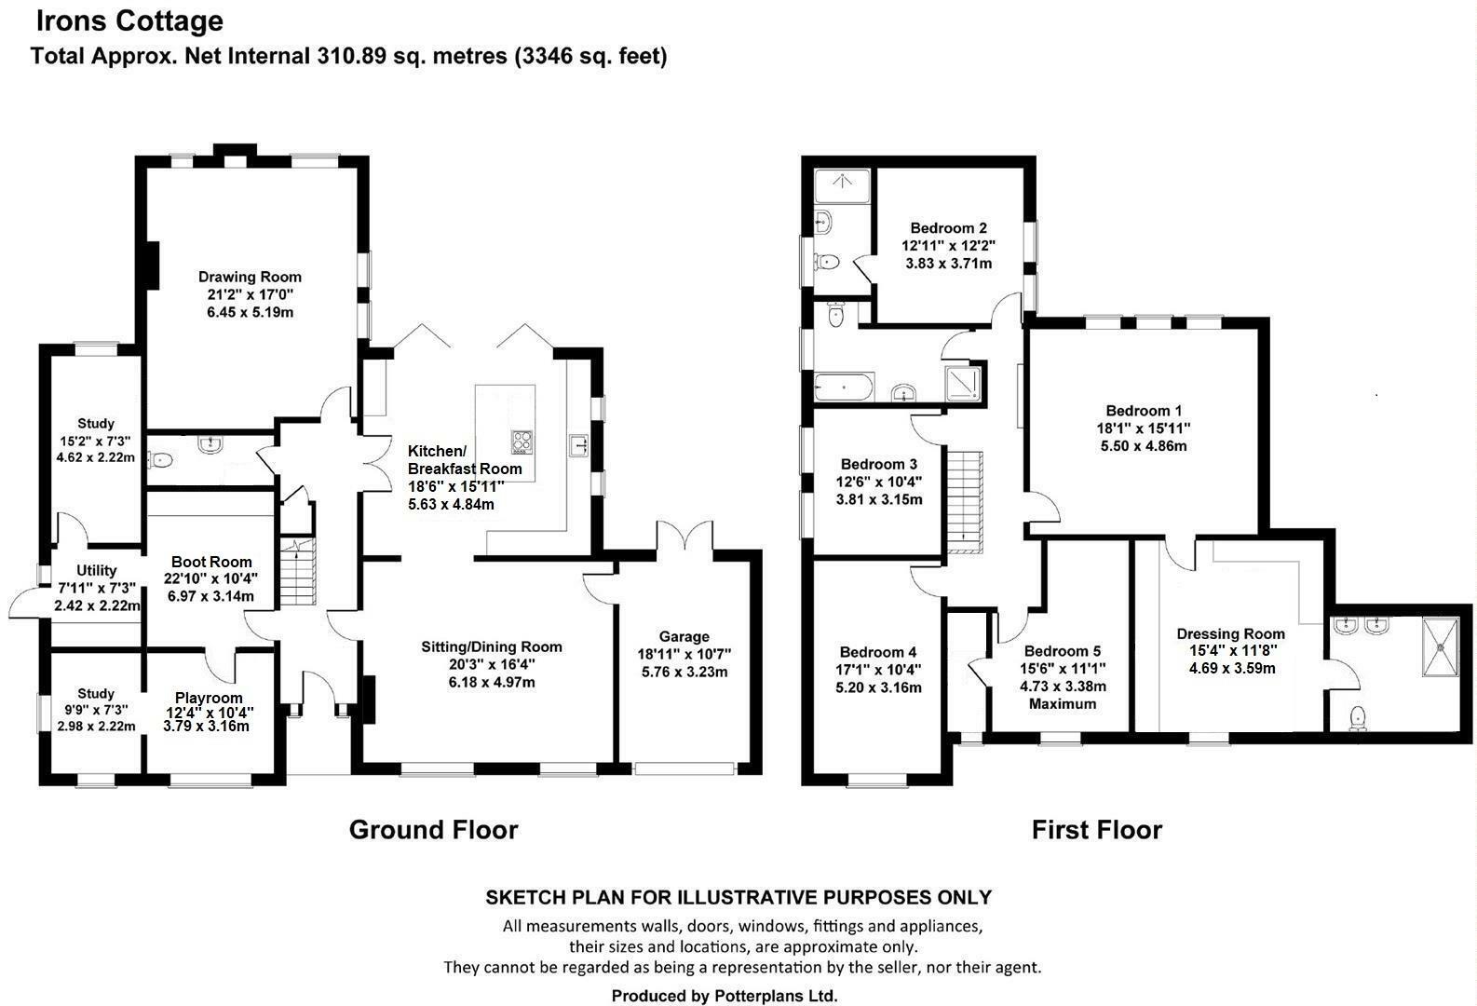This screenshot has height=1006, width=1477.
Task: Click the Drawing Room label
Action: (x=250, y=277)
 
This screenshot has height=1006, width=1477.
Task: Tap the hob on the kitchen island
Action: (x=522, y=442)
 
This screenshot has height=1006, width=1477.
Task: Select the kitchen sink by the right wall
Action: (x=579, y=445)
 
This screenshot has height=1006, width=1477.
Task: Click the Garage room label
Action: (x=684, y=636)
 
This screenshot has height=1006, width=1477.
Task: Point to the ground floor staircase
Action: (x=298, y=571)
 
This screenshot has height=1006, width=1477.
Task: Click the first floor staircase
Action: (x=966, y=502)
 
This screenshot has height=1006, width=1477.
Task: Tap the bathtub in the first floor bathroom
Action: (x=844, y=387)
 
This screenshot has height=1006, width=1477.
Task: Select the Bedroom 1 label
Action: (x=1144, y=410)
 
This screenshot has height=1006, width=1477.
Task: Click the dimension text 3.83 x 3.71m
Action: (x=948, y=264)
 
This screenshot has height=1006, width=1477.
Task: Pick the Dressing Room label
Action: (x=1230, y=634)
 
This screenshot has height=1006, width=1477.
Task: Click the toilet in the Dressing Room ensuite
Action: (x=1358, y=718)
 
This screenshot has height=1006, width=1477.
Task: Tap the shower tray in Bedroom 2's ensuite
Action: (x=842, y=184)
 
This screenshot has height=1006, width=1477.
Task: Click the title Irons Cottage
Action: (x=129, y=21)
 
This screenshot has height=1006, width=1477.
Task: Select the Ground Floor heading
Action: (x=433, y=829)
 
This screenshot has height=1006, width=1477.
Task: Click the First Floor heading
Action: (x=1096, y=829)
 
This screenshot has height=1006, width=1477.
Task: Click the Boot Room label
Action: (x=211, y=562)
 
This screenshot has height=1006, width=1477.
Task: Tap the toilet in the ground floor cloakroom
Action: (x=159, y=459)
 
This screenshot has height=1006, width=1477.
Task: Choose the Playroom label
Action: (x=209, y=698)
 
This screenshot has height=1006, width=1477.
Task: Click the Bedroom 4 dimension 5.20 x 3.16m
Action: (x=878, y=687)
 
